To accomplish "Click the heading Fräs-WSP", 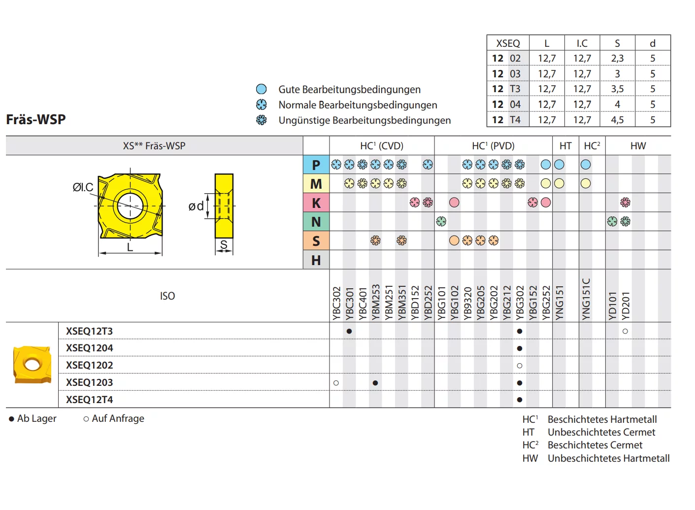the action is (x=36, y=120).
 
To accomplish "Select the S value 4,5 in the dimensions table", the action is (x=617, y=120).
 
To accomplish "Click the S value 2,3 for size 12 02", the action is (x=617, y=58).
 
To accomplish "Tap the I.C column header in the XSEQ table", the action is (x=582, y=43).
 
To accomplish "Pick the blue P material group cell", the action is (x=316, y=165).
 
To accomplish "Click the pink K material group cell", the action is (x=316, y=203).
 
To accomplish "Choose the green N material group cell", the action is (x=316, y=222).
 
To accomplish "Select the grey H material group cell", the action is (x=316, y=260).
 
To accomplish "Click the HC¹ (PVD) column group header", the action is (x=493, y=146).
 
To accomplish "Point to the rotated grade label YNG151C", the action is (x=586, y=299).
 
